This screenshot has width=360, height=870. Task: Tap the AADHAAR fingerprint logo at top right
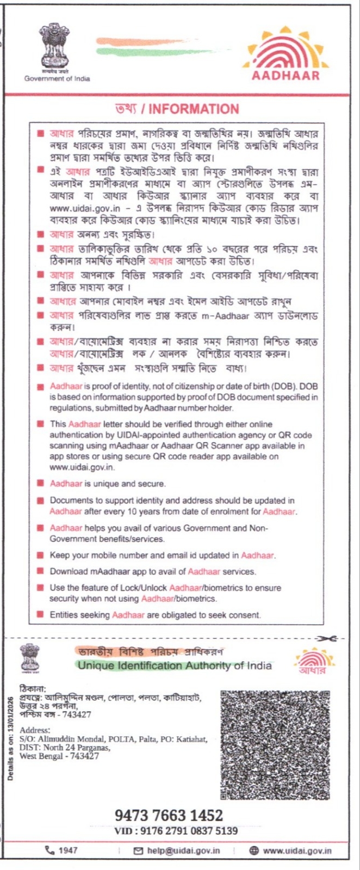coord(285,52)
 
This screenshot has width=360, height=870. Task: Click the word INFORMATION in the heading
coord(194,109)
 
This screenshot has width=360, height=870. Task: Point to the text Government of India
coord(57,78)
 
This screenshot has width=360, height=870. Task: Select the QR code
coord(275,745)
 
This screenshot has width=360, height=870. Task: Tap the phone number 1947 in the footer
coord(68,850)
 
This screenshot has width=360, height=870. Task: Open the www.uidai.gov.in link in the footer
coord(297,850)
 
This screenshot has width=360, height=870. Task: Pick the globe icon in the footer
coord(254,850)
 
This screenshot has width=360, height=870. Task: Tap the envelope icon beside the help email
coord(138,850)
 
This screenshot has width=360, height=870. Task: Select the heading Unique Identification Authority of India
coord(175,666)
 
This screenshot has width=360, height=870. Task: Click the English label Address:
coord(35,730)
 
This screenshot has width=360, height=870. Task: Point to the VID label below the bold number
coord(126,831)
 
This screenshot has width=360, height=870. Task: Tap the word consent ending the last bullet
coord(245,615)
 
